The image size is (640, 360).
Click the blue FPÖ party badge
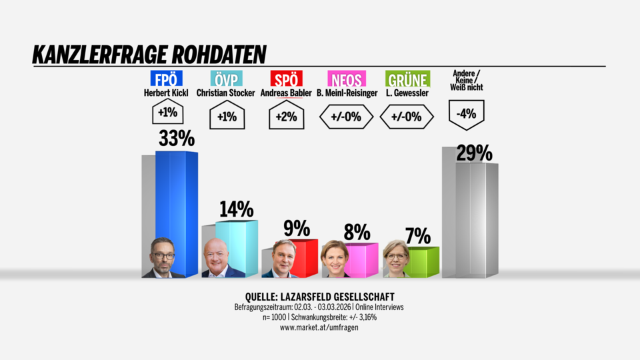[x=163, y=79]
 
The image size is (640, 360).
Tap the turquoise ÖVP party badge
[x=225, y=79]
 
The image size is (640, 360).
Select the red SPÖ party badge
[x=286, y=79]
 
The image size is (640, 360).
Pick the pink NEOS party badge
[x=347, y=79]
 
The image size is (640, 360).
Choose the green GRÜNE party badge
[x=407, y=79]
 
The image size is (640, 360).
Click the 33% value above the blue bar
[x=176, y=139]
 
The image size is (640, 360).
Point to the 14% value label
[x=236, y=209]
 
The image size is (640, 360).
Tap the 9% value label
[x=297, y=229]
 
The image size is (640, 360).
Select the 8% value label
[x=357, y=232]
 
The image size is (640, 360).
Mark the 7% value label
[x=417, y=235]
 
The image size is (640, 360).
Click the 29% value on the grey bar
[x=474, y=154]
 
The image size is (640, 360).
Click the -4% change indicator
[x=467, y=114]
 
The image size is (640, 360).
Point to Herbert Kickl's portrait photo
[x=163, y=258]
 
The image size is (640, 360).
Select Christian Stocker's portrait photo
[x=223, y=258]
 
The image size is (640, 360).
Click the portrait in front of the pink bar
[x=335, y=259]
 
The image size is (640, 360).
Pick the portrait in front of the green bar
[x=396, y=259]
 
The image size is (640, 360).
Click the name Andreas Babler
[x=286, y=93]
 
